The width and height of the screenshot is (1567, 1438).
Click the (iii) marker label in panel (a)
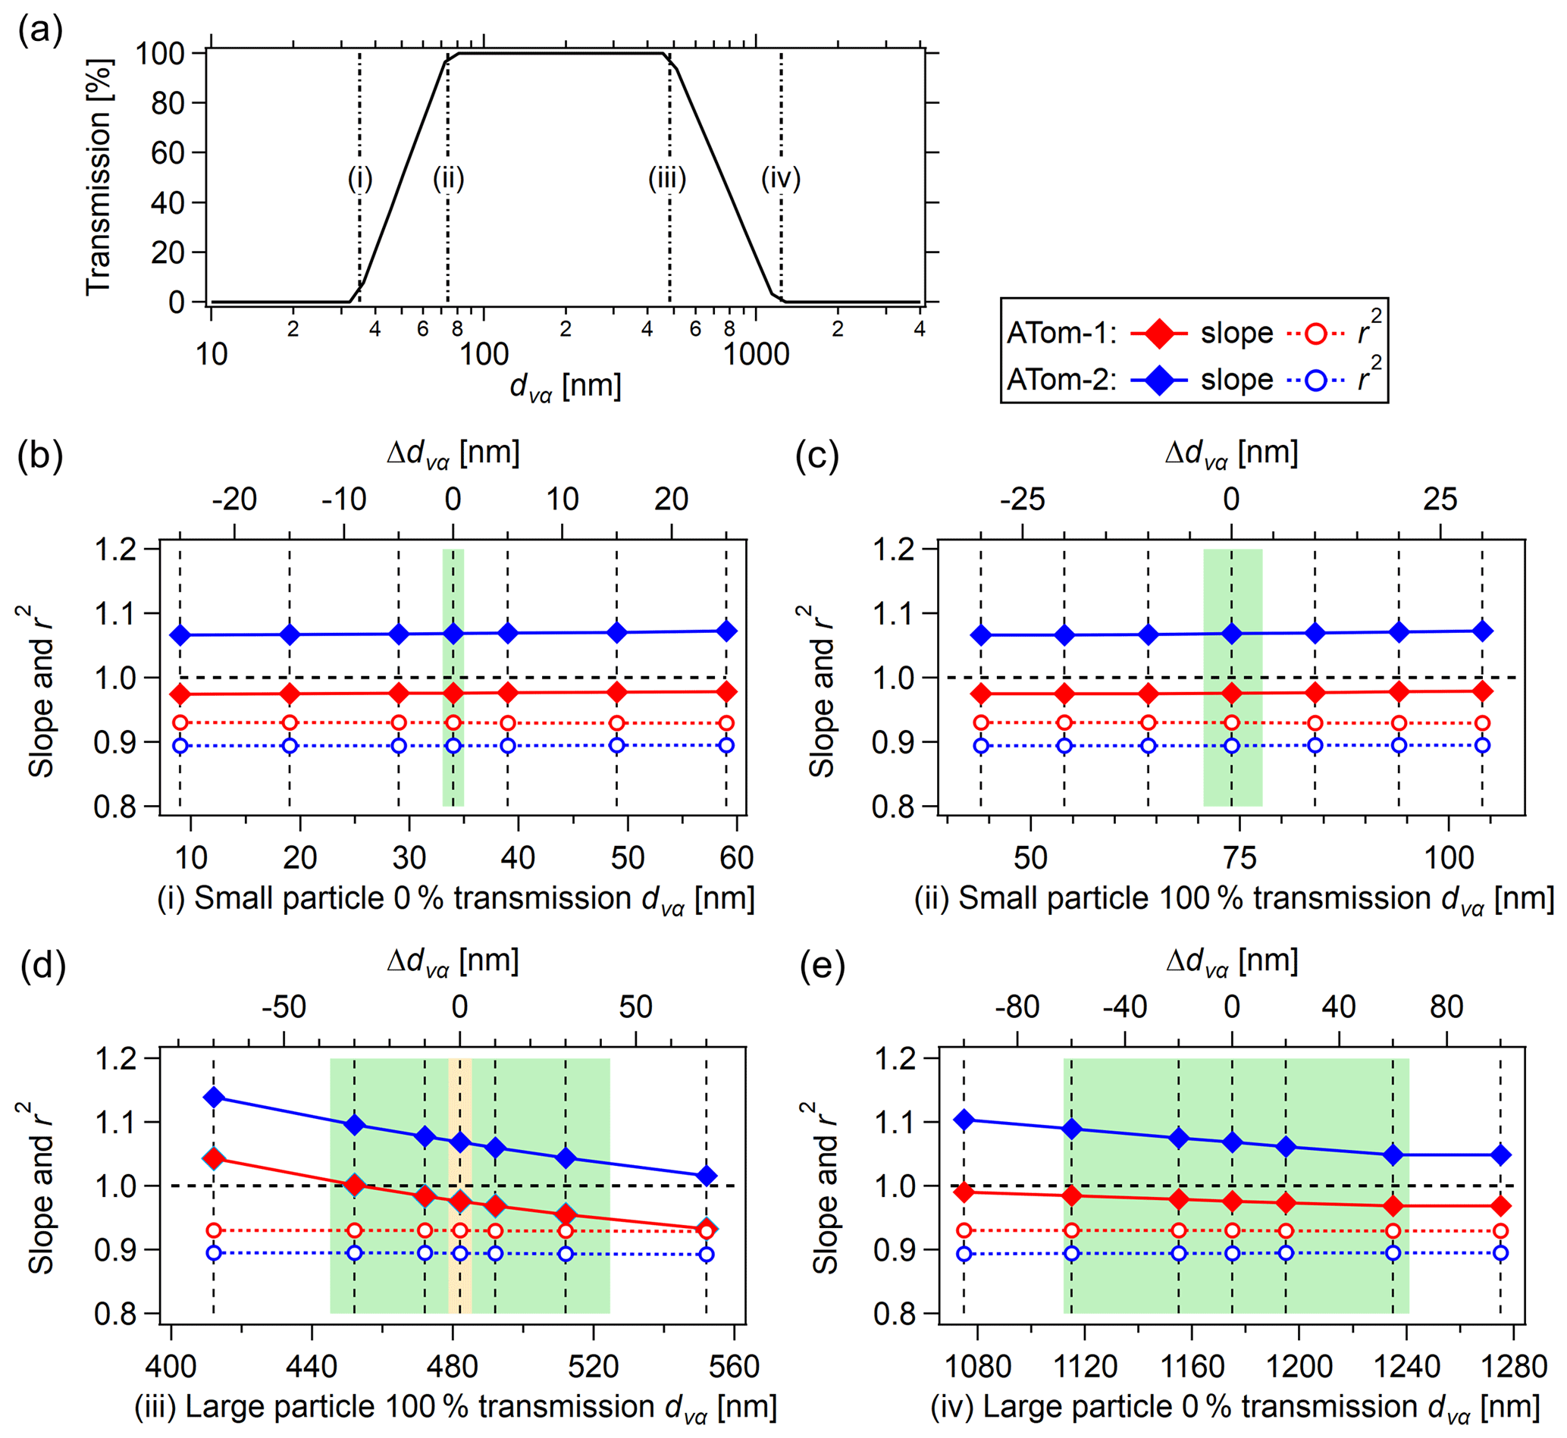point(667,179)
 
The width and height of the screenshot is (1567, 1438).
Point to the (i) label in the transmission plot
point(359,179)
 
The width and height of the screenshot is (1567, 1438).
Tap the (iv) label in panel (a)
point(780,179)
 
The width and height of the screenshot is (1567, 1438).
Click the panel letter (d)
point(42,966)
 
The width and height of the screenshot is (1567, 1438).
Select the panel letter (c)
point(816,456)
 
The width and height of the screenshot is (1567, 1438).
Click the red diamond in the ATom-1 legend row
point(1158,334)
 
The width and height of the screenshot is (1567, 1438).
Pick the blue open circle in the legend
point(1315,381)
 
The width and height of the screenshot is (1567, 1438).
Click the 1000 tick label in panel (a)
point(757,355)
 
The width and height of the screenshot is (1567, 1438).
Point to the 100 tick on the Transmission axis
point(159,54)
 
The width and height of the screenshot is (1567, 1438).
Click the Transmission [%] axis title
point(99,177)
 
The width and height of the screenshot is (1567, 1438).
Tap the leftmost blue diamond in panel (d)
point(213,1097)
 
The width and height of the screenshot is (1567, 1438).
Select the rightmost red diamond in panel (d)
point(707,1230)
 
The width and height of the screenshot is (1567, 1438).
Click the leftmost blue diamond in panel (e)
point(964,1120)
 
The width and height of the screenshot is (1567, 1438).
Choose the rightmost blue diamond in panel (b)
point(726,631)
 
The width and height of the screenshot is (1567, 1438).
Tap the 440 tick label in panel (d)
point(312,1366)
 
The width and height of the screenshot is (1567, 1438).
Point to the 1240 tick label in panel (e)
point(1406,1366)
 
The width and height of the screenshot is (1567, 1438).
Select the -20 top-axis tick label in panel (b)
point(234,499)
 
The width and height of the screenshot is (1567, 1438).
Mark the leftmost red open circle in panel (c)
point(981,723)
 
